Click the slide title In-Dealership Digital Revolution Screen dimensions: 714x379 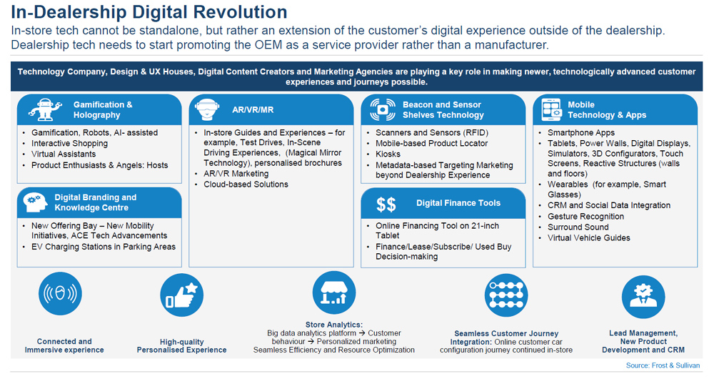(149, 12)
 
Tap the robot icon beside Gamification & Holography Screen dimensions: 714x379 (45, 109)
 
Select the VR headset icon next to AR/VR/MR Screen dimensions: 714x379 (207, 109)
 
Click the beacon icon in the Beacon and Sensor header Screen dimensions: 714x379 (383, 109)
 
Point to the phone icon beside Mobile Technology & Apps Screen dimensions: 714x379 (551, 109)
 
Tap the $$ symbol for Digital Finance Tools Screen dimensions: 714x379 (386, 205)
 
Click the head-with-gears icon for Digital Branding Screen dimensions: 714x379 (36, 202)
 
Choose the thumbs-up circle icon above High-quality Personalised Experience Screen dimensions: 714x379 (181, 295)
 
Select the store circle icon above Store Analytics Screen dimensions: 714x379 (333, 293)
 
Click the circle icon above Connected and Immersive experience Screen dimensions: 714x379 (60, 294)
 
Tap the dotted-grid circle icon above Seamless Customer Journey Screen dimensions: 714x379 (506, 295)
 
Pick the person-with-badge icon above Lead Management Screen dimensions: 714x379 (643, 297)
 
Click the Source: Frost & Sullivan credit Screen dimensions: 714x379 (663, 365)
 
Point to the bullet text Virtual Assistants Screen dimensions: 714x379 (64, 154)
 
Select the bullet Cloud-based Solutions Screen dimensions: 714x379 (246, 184)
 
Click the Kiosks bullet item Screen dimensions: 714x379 (388, 154)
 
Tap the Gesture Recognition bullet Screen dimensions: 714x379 (585, 216)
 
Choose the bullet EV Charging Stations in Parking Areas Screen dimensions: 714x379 (104, 247)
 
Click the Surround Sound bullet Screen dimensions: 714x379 (578, 227)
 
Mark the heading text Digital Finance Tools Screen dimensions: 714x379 (458, 203)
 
